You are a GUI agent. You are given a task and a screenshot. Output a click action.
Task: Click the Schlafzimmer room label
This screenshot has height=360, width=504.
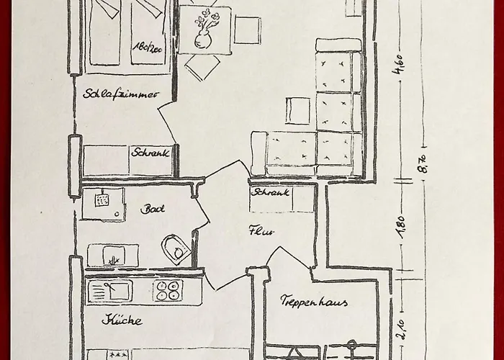point(121,94)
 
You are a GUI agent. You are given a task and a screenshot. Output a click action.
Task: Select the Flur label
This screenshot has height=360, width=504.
point(258,231)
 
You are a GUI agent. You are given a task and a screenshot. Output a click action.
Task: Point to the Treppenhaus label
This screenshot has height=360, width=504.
point(314,302)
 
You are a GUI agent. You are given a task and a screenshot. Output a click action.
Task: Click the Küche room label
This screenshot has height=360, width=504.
point(122,320)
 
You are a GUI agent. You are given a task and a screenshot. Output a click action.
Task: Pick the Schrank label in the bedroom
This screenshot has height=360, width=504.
point(150,152)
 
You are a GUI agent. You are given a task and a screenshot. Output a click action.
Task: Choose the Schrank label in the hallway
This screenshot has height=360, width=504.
point(271,192)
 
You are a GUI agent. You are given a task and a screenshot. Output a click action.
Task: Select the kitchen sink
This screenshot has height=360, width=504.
point(110,290)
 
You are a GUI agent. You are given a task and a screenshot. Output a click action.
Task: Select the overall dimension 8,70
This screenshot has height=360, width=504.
point(423,164)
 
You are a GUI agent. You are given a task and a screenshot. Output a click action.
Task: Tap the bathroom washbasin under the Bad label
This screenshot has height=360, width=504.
point(113,254)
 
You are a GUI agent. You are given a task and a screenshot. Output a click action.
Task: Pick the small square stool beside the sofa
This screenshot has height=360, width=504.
point(297,111)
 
